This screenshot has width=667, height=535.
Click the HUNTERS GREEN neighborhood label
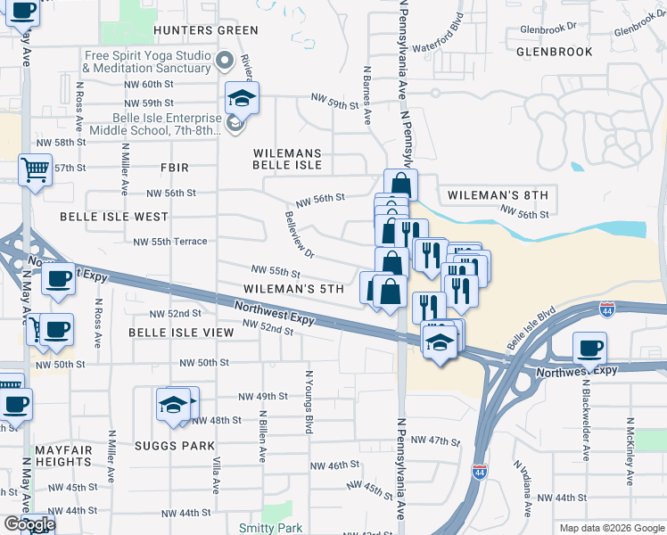(x=194, y=29)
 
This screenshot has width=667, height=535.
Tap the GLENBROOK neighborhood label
(x=554, y=52)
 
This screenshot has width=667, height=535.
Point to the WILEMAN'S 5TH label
(x=293, y=289)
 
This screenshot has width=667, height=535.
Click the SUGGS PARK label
(x=181, y=446)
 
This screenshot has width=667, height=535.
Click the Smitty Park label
(x=265, y=528)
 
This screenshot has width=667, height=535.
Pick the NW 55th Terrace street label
(x=169, y=242)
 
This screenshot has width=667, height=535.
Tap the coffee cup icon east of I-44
(x=589, y=347)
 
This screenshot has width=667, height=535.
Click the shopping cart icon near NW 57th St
(x=35, y=167)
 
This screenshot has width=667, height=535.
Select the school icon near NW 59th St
(x=242, y=96)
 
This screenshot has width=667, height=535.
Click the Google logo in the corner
(x=29, y=524)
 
